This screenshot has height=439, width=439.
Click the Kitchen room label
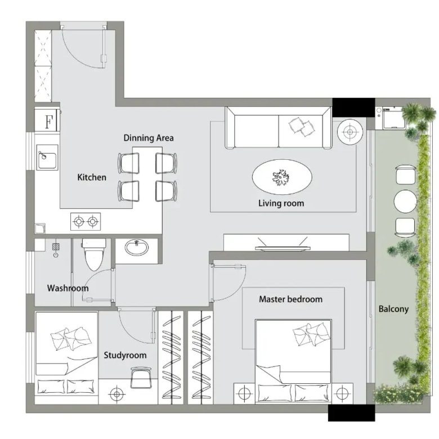click(92, 177)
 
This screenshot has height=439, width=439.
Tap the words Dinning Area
click(149, 138)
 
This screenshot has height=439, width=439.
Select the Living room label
click(281, 203)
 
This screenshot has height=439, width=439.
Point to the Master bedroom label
click(290, 299)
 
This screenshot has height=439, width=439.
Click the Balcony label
click(393, 309)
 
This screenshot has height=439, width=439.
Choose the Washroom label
click(68, 288)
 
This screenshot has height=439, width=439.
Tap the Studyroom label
click(125, 355)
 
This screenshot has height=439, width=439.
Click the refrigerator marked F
click(47, 121)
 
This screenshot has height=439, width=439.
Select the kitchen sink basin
click(47, 158)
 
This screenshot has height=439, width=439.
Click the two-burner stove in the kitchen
click(86, 221)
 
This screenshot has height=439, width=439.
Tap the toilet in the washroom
click(94, 254)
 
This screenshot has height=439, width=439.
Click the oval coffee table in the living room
click(282, 177)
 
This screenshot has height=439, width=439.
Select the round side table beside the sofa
click(350, 132)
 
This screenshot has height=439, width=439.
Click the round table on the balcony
click(405, 201)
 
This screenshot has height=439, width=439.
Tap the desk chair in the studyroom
click(141, 378)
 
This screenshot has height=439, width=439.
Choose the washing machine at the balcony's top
click(391, 118)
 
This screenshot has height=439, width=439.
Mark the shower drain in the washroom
click(56, 247)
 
